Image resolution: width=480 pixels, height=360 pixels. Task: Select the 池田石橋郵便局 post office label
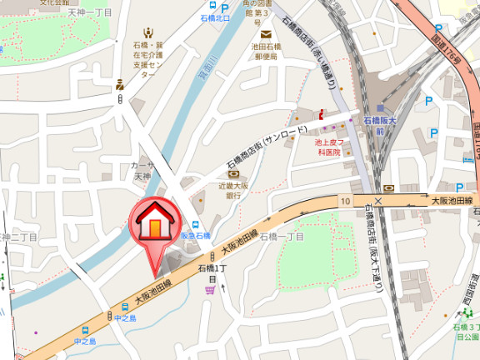(267, 53)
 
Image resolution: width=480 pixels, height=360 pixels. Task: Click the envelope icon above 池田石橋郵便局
(266, 34)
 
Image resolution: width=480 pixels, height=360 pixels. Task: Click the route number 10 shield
(345, 201)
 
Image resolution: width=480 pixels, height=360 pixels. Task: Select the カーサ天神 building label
(142, 171)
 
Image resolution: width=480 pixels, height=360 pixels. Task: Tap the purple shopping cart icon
(208, 289)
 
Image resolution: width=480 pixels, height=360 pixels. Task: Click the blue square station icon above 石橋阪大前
(380, 108)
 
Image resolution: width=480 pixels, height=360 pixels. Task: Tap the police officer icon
(121, 83)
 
